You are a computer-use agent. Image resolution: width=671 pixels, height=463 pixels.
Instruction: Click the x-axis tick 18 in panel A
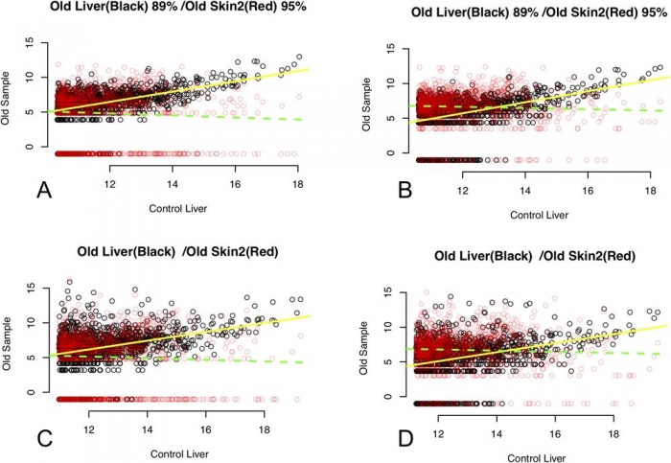click(299, 184)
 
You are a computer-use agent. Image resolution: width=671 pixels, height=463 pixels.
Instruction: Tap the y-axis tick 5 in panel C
click(32, 358)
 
